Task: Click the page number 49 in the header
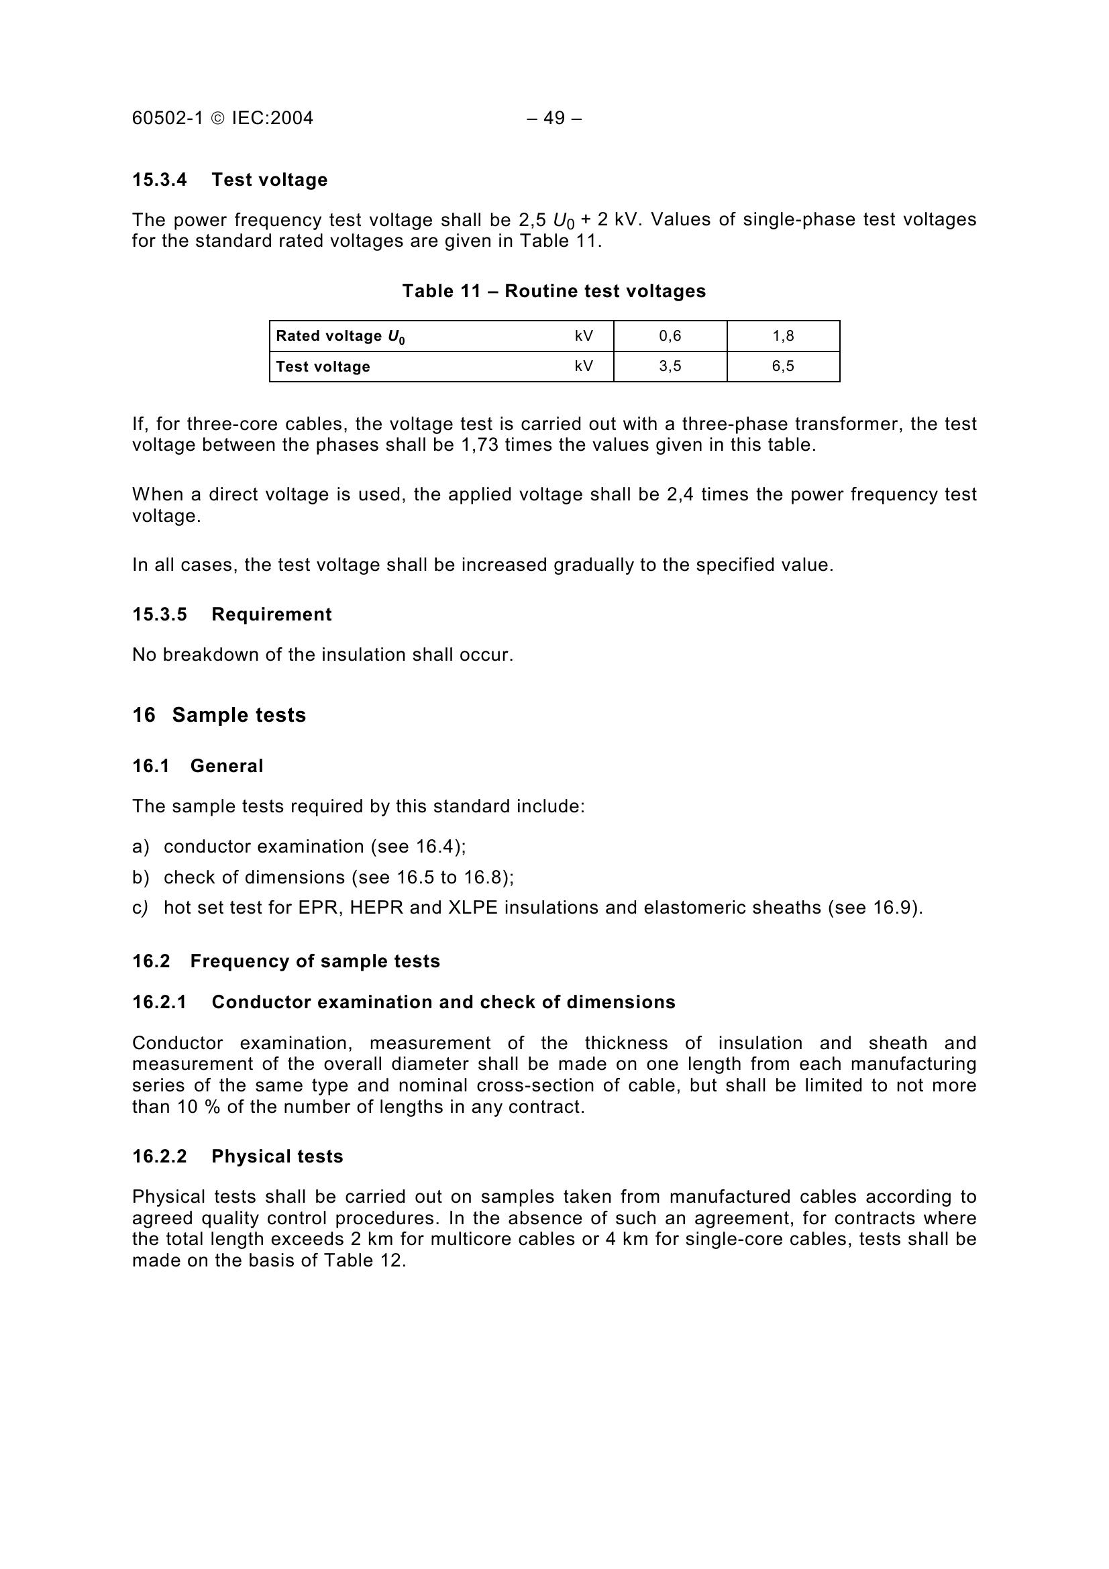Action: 554,118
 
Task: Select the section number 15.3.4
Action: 159,180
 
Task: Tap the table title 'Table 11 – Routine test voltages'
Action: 553,291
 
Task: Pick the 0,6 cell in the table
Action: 670,335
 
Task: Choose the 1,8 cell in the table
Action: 783,335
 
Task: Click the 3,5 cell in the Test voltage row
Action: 670,366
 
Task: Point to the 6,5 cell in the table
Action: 783,366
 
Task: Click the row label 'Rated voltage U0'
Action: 339,336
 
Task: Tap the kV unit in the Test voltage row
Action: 584,366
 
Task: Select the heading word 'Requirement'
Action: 271,614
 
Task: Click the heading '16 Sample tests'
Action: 219,715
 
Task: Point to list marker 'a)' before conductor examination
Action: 140,847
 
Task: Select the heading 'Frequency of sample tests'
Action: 315,961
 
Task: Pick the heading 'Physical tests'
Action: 276,1156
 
